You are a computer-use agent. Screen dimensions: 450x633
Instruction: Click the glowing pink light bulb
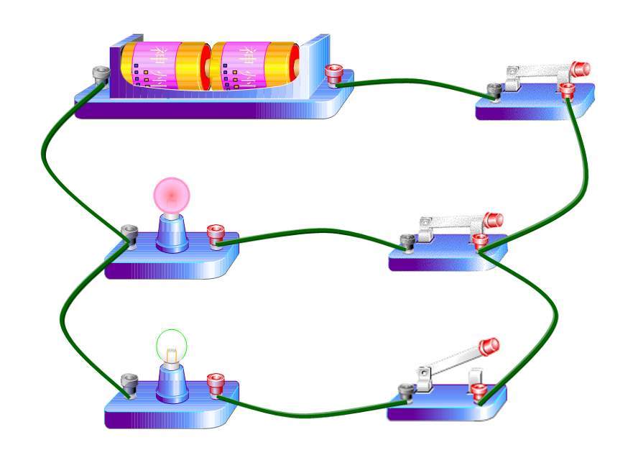(172, 194)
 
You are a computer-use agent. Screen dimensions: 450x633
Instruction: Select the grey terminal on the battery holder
(101, 74)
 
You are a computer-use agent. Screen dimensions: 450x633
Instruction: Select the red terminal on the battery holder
(333, 73)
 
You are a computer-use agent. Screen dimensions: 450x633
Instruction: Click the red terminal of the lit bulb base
(216, 234)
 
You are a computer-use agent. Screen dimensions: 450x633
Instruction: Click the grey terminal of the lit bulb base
(129, 234)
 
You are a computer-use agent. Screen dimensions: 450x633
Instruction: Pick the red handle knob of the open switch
(490, 346)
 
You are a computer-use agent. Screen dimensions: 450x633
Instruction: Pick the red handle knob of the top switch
(581, 69)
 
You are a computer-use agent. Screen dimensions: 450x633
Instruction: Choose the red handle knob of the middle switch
(494, 219)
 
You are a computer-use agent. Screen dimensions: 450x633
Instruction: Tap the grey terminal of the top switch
(494, 91)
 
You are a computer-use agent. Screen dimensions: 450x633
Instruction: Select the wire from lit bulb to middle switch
(309, 232)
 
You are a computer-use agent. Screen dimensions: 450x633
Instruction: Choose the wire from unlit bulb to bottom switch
(309, 413)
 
